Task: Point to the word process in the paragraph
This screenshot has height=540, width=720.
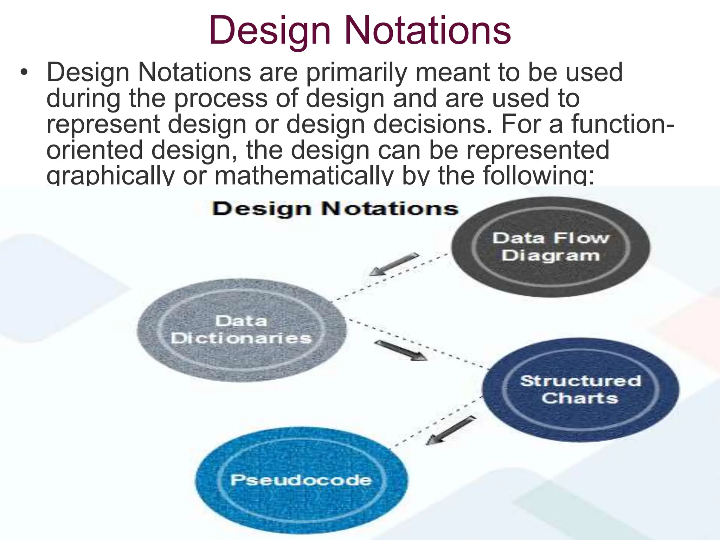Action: (x=221, y=99)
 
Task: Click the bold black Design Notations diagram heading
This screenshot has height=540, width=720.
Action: (x=335, y=209)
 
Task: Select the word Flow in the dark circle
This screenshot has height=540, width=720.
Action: (x=581, y=238)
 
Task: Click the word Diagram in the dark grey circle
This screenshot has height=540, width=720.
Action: (x=551, y=256)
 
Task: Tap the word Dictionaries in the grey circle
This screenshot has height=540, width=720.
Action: (x=241, y=338)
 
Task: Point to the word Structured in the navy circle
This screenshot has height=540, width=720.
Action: (x=581, y=381)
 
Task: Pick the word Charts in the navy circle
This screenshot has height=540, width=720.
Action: (x=580, y=398)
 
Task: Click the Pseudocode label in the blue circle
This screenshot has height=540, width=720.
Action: (x=301, y=480)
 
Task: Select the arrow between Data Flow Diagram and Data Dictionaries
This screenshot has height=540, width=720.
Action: (x=394, y=264)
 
